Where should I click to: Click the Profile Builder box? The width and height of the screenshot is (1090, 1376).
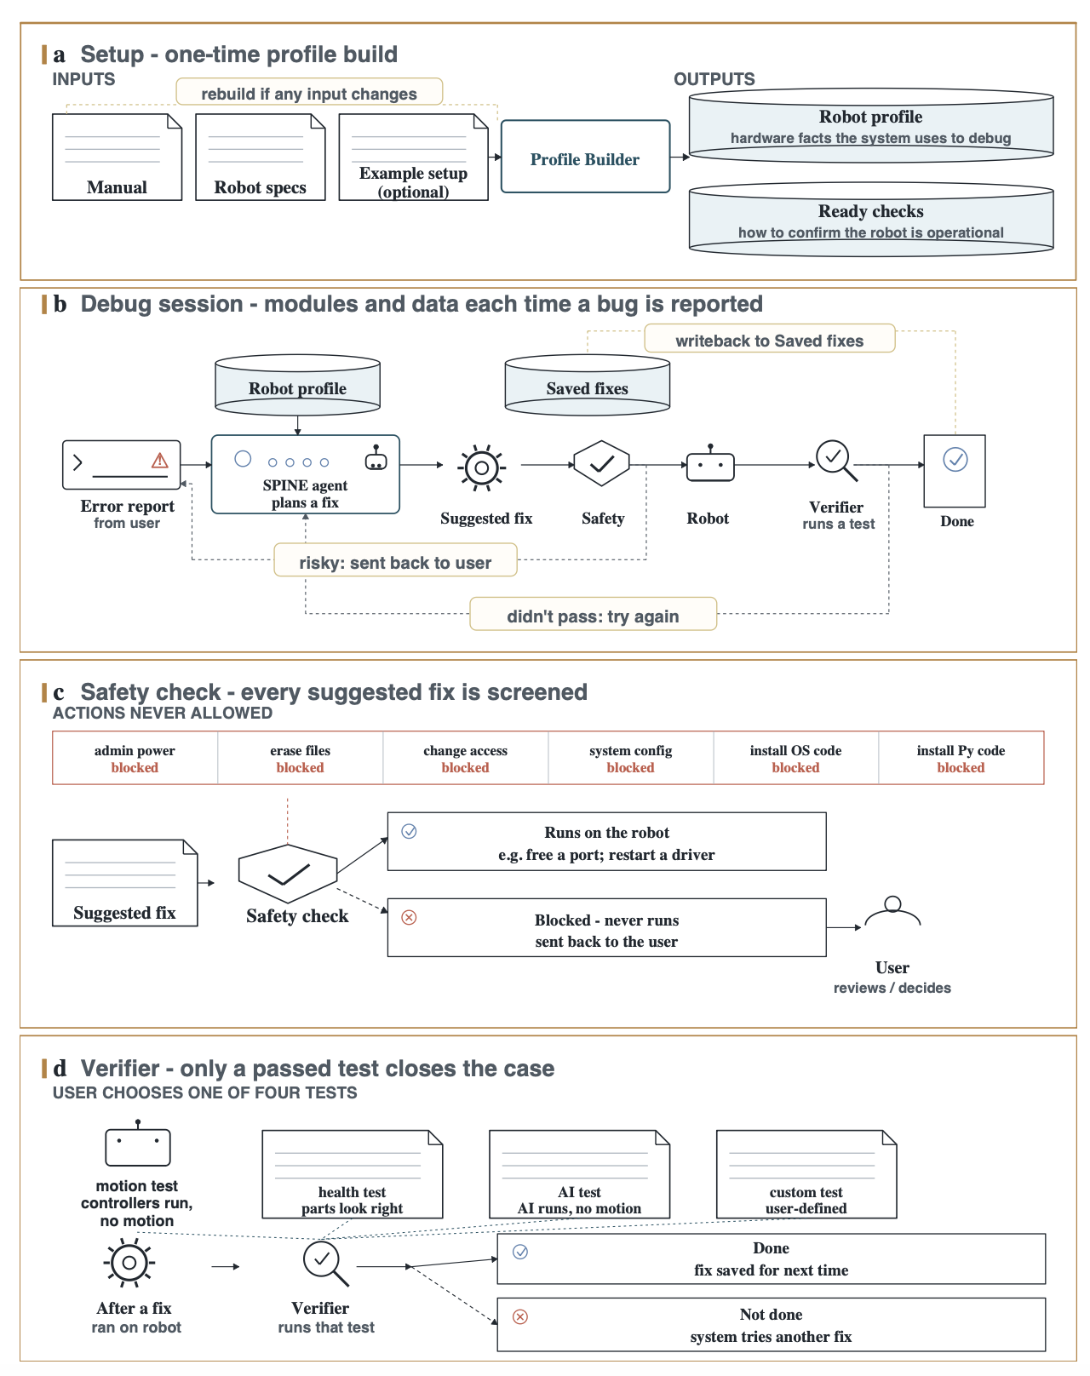point(585,156)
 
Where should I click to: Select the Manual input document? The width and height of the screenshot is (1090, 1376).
point(117,157)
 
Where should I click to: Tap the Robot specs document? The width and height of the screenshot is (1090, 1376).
point(260,157)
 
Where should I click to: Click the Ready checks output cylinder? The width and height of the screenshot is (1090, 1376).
point(870,220)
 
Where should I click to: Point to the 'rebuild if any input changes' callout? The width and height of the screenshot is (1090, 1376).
point(309,92)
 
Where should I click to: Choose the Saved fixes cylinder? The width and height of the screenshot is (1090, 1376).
point(587,385)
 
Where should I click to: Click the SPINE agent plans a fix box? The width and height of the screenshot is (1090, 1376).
point(305,473)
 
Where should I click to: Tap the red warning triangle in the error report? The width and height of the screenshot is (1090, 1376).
point(159,460)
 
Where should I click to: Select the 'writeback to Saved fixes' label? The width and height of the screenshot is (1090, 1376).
point(769,338)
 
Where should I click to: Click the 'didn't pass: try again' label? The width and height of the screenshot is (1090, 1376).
point(593,614)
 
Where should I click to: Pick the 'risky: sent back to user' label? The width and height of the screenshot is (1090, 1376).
point(394,560)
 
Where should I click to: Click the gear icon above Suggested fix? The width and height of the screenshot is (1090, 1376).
point(481,467)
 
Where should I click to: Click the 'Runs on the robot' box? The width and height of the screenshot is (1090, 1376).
point(606,840)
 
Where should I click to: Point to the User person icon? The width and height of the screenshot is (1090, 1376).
point(892,910)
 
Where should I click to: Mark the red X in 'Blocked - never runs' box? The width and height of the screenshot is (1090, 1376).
point(409,917)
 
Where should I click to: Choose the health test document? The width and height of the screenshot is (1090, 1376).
point(352,1173)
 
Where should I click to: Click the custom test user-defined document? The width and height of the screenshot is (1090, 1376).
point(806,1173)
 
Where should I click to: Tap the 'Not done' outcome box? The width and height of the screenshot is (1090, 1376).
point(771,1324)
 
